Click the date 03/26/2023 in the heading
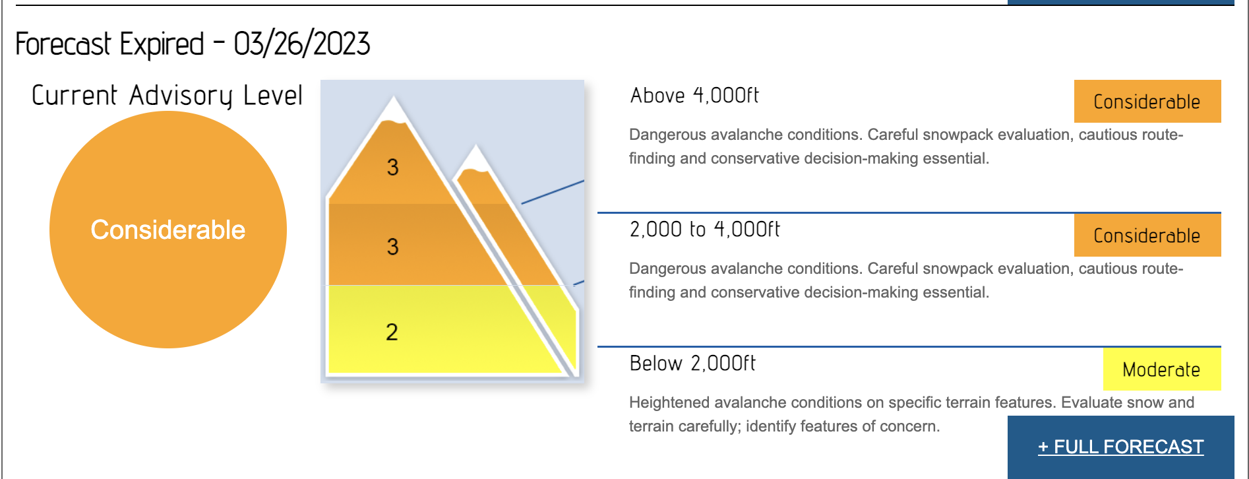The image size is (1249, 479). point(302,44)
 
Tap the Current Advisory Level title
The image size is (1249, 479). point(167,96)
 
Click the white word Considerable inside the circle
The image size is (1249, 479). point(168,230)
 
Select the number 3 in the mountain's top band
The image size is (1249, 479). point(392,167)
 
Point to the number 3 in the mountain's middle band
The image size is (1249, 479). point(392,246)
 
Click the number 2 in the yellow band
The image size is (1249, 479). point(392,331)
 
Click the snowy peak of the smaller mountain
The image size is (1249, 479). point(475,159)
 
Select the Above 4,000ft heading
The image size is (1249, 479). point(694,96)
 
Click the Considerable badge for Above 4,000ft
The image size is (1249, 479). point(1147,101)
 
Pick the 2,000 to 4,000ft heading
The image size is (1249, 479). point(704,230)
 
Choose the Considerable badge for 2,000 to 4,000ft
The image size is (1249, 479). point(1147,235)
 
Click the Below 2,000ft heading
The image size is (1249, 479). point(692,364)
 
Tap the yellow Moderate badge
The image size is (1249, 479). point(1162,369)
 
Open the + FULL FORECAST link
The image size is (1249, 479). point(1121,447)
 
